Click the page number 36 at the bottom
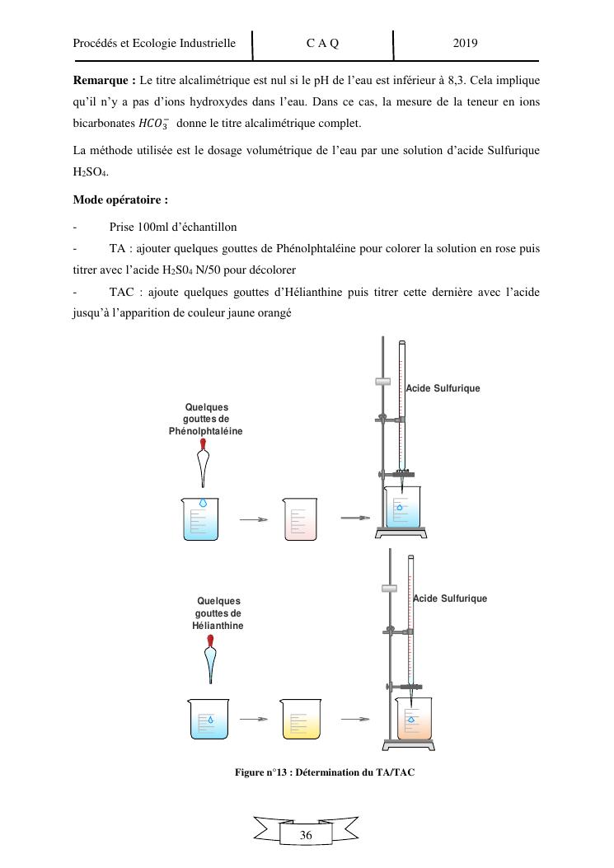307,835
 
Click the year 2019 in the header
466,43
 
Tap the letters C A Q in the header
322,43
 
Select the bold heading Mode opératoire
120,199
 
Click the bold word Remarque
104,81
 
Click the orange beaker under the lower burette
415,718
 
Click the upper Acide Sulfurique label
443,387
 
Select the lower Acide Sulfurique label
450,598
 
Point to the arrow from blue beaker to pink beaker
254,519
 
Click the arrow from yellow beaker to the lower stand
354,719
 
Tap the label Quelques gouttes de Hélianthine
218,613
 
